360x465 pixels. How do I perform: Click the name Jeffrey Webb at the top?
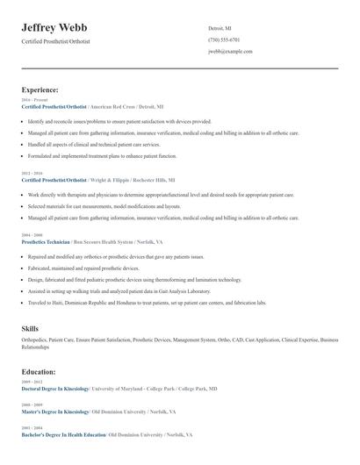point(60,28)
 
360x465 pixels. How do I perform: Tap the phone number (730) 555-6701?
point(224,39)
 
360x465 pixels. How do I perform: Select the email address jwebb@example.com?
point(230,52)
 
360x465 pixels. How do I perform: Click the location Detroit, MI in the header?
point(220,28)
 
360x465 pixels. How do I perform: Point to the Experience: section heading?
point(40,89)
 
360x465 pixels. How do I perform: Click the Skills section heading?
point(30,328)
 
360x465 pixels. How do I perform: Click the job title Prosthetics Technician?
point(45,240)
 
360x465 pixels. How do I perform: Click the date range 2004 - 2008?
point(31,235)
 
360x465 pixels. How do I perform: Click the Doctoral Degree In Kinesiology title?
point(54,388)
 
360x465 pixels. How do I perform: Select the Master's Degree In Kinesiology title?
point(54,411)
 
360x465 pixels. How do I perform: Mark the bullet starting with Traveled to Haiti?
point(144,303)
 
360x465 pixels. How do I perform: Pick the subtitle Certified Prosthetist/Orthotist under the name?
point(55,41)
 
